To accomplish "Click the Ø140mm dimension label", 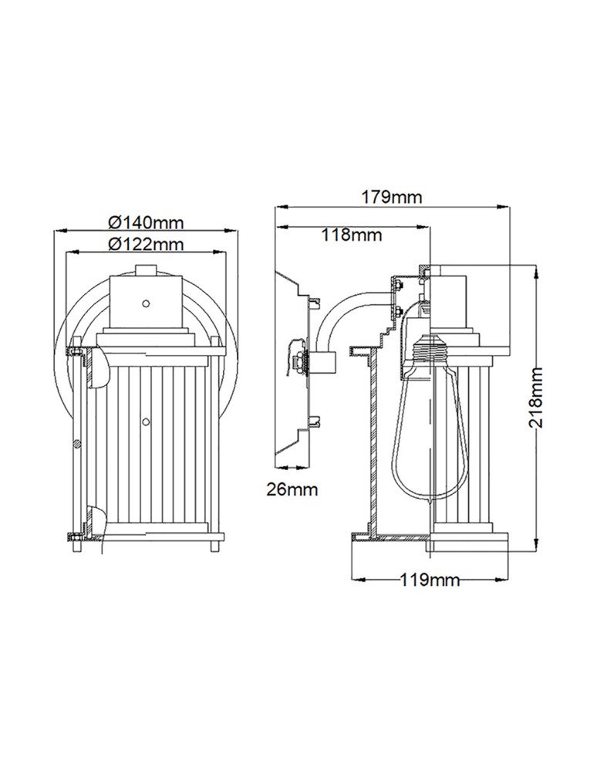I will pos(146,222).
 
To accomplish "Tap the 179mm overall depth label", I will pos(392,197).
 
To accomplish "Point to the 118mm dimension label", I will pos(352,235).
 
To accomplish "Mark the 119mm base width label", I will pos(430,581).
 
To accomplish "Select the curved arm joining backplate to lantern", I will pos(339,317).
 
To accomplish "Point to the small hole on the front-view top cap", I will pos(144,303).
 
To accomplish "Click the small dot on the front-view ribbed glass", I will pos(145,421).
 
